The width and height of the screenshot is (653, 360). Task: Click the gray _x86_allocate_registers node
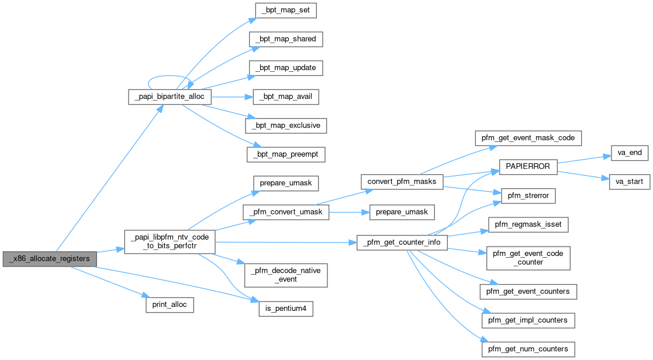[49, 258]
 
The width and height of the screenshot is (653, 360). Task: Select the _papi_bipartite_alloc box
[170, 97]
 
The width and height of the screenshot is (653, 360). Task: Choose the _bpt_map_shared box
[286, 39]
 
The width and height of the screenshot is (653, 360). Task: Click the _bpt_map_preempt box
[286, 154]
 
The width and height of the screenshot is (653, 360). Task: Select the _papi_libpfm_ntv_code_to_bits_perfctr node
[170, 241]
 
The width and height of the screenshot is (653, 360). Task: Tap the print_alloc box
[170, 304]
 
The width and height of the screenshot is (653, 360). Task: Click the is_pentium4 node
[286, 308]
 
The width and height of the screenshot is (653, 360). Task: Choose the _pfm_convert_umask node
[286, 212]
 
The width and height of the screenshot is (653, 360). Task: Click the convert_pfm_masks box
[402, 181]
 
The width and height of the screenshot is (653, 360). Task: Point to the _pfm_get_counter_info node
[402, 242]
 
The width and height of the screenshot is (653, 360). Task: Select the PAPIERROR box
[527, 167]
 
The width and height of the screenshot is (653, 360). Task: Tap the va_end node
[630, 153]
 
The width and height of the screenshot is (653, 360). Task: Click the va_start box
[630, 182]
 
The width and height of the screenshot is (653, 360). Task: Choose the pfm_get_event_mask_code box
[528, 138]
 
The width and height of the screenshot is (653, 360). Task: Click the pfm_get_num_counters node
[528, 349]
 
